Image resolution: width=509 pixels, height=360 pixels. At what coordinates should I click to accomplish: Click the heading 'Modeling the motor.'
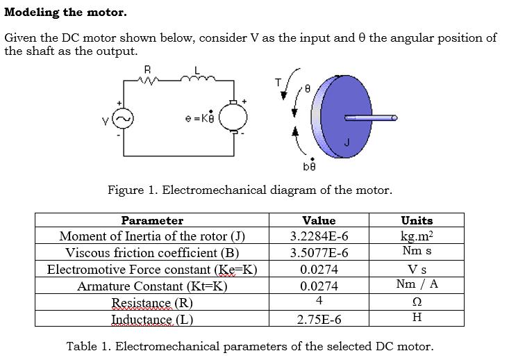(65, 12)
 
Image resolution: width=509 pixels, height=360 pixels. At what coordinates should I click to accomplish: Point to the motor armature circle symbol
(230, 119)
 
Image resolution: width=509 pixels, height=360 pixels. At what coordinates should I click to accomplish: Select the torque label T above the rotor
(278, 82)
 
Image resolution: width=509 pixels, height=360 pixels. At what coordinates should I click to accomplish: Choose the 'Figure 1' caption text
(249, 190)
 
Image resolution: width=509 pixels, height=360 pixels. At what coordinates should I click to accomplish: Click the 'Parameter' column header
(152, 220)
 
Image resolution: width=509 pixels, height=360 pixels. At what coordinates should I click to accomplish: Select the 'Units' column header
(417, 220)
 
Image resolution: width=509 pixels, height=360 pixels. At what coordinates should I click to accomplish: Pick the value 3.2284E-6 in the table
(319, 236)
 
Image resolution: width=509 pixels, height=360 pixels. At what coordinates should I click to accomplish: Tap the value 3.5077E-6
(319, 253)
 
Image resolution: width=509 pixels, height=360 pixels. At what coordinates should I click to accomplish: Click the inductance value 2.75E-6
(319, 320)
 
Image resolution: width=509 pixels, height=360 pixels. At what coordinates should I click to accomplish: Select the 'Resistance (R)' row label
(152, 303)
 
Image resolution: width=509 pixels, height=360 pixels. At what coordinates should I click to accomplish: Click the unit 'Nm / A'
(417, 284)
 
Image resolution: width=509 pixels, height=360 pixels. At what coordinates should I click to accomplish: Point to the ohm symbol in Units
(417, 302)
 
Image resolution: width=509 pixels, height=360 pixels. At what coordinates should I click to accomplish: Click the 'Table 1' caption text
(249, 346)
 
